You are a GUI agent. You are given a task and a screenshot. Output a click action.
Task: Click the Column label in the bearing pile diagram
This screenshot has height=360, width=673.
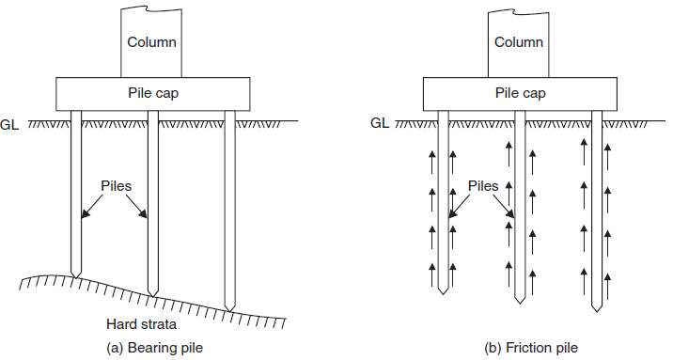pos(153,42)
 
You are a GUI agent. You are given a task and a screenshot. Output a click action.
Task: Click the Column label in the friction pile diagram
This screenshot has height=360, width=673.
pos(519,42)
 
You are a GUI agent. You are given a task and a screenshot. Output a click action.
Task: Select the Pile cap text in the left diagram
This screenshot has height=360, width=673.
pos(152,93)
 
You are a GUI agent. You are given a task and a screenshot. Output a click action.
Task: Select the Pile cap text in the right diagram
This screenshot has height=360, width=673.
pos(519,93)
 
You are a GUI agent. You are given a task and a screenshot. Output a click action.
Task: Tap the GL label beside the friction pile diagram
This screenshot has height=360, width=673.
pos(380,122)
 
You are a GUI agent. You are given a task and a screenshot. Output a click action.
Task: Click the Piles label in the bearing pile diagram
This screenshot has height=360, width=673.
pos(116,185)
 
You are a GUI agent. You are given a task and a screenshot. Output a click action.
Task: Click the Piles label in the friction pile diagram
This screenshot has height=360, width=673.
pos(482,186)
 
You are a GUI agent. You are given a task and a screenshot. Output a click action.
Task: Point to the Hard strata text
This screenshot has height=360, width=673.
pos(134,324)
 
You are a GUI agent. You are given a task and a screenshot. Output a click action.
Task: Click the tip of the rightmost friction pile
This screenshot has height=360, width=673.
pos(596,311)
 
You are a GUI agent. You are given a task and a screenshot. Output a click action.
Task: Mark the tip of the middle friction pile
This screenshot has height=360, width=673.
pos(520,303)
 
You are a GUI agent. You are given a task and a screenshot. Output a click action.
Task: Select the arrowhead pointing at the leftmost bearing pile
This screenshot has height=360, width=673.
pos(84,218)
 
